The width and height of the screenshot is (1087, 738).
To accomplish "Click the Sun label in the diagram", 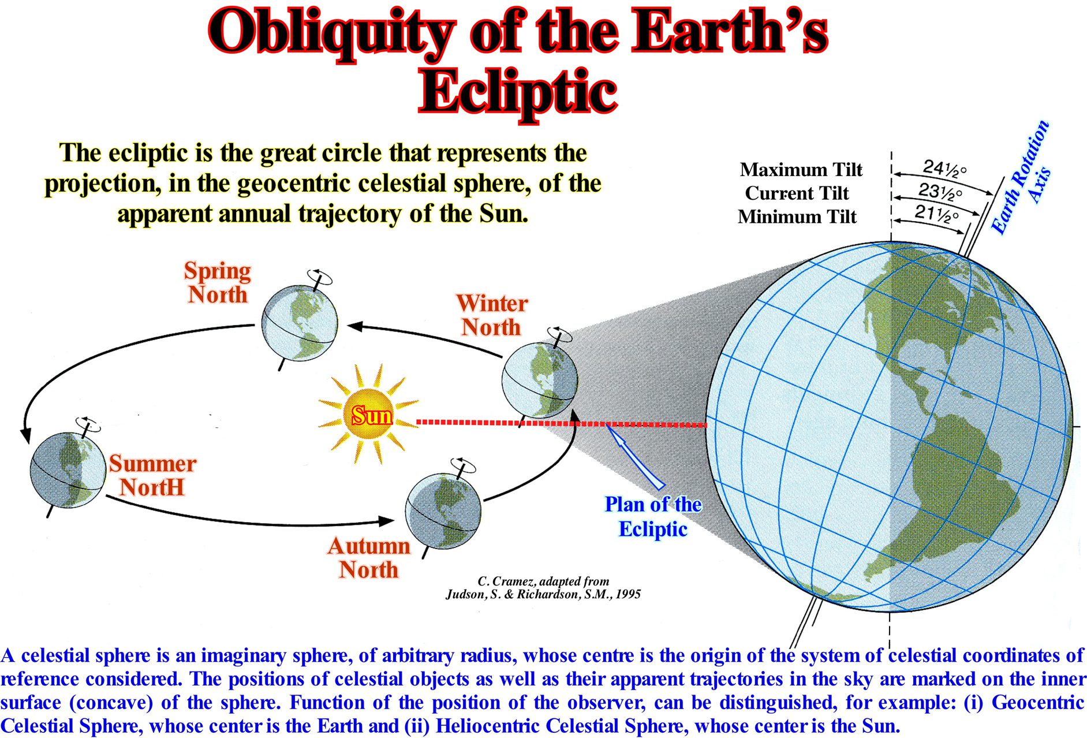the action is (x=372, y=415).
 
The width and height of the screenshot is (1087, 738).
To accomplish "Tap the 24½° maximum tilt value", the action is (x=944, y=168).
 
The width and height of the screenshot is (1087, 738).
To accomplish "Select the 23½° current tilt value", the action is (x=940, y=191).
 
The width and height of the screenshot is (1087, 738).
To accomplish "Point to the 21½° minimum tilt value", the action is (x=936, y=214).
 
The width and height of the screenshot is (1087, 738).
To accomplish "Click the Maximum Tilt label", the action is (x=801, y=169).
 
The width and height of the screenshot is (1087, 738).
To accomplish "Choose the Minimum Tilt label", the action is (x=797, y=217).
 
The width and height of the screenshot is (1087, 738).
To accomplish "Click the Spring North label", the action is (x=218, y=282).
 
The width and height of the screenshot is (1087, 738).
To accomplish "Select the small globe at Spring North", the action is (x=299, y=322).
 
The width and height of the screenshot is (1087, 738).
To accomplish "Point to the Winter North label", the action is (x=492, y=315).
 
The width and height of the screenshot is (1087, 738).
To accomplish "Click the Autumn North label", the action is (x=369, y=558).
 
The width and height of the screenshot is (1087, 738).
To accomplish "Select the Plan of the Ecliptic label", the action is (x=653, y=517).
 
